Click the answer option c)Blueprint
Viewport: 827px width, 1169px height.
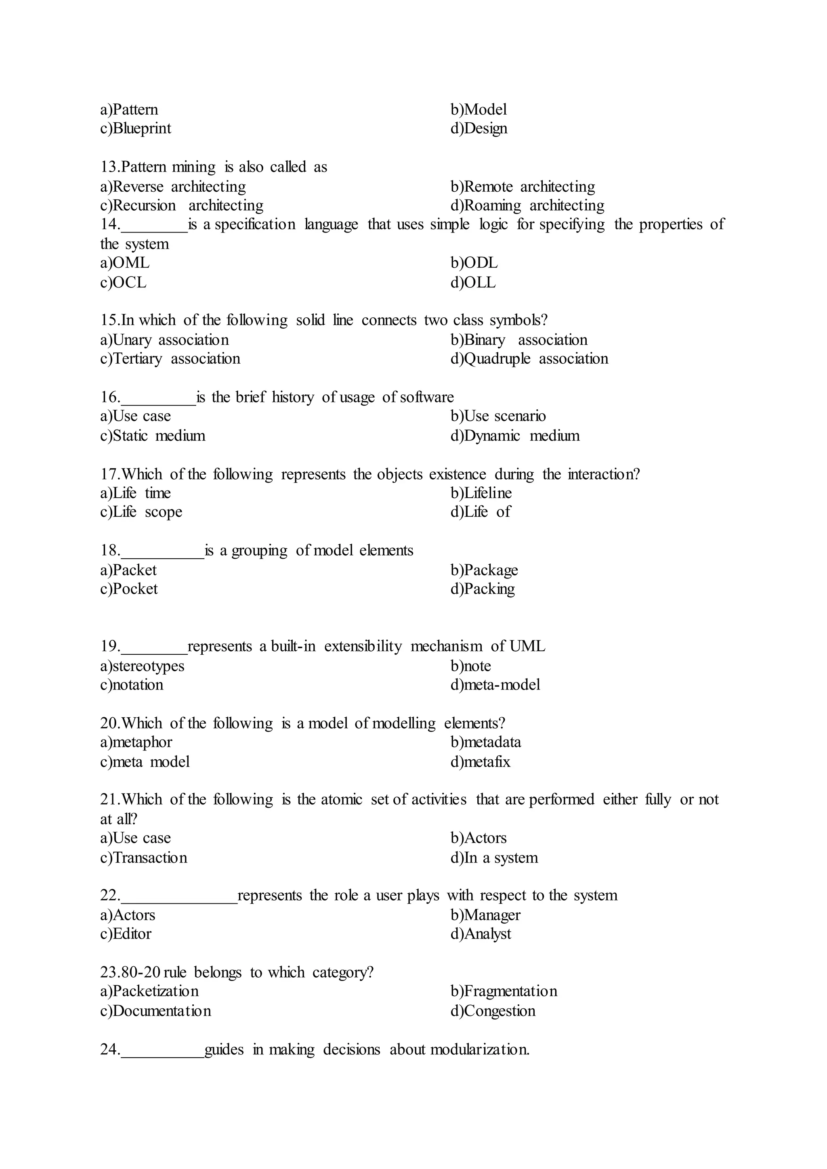point(135,128)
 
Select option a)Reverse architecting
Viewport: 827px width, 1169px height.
point(173,187)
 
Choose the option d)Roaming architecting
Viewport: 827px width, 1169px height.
point(527,206)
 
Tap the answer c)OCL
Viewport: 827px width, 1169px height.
point(123,283)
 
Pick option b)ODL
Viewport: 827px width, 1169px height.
point(474,263)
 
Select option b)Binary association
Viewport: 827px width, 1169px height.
point(518,340)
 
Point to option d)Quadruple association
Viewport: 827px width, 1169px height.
point(529,359)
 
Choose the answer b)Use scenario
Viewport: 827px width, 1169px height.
point(497,417)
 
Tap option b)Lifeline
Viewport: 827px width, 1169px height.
point(481,493)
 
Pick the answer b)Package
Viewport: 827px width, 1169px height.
point(484,570)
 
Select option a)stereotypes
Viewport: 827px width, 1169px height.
point(142,666)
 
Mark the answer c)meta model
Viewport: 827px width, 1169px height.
point(145,762)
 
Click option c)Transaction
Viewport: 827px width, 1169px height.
point(144,858)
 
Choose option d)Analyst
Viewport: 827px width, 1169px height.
point(480,934)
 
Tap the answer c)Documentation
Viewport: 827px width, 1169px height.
point(155,1011)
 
